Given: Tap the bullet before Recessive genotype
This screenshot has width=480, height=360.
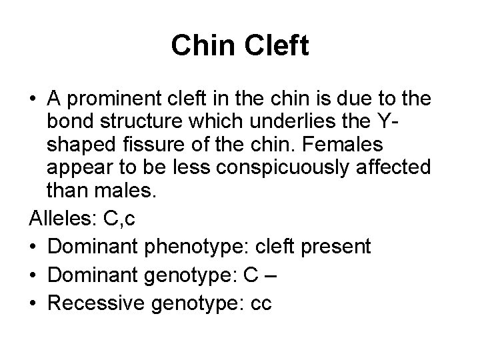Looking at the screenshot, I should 33,303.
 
